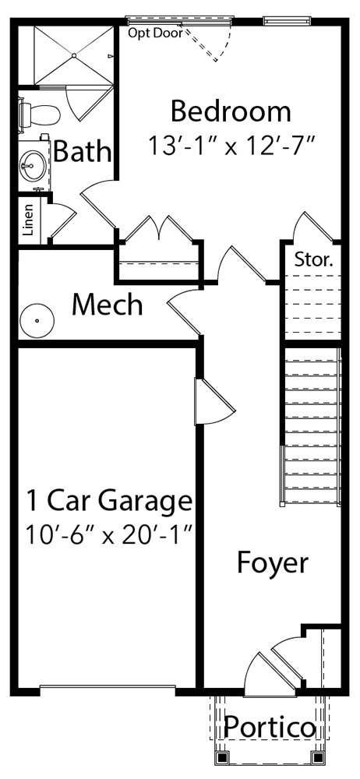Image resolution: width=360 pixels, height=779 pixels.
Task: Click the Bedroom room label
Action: [x=231, y=111]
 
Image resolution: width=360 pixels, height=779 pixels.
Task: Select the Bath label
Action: [x=82, y=151]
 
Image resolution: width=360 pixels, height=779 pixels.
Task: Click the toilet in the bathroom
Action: [x=39, y=114]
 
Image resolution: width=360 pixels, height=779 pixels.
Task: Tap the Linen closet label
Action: [x=29, y=220]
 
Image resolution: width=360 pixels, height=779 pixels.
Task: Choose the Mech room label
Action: [x=108, y=305]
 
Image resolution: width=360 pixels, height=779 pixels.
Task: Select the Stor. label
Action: [x=314, y=259]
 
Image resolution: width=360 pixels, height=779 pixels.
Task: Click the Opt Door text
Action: [x=156, y=33]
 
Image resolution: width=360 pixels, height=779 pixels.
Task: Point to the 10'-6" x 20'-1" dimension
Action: [x=109, y=535]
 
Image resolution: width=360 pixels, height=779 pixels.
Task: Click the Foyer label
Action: [x=273, y=563]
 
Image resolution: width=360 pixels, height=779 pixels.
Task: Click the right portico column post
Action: [x=316, y=758]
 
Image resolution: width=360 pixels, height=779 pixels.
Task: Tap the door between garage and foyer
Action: [x=214, y=401]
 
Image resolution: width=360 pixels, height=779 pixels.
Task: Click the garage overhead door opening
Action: [x=108, y=687]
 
